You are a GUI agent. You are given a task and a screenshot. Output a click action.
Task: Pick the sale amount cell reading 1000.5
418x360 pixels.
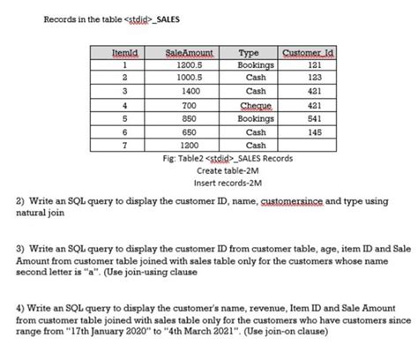click(x=191, y=78)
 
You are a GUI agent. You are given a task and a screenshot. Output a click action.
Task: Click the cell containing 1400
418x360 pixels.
click(x=191, y=91)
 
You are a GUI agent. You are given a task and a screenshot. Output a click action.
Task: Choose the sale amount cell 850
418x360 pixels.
click(x=191, y=117)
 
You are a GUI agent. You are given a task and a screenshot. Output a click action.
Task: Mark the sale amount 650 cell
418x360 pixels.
click(x=191, y=131)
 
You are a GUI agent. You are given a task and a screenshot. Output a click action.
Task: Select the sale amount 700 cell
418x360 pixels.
click(x=191, y=104)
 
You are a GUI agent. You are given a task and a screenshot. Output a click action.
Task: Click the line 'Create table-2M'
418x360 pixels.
click(x=227, y=170)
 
